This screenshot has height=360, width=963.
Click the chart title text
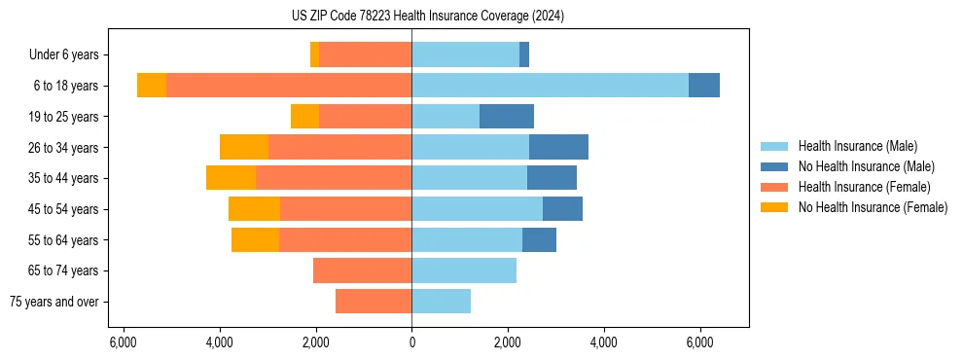[x=427, y=17]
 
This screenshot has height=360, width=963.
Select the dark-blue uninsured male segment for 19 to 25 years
[x=507, y=117]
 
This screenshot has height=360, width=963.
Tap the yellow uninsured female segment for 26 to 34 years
[x=244, y=147]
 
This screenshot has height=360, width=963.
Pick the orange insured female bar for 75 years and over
[x=374, y=302]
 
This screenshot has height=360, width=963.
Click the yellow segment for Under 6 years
[x=314, y=54]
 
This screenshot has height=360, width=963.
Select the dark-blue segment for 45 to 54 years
[x=562, y=209]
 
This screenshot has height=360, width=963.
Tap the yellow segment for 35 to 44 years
[x=231, y=178]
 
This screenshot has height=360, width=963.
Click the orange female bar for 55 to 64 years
[x=345, y=239]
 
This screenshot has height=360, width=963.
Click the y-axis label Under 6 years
[x=70, y=55]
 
